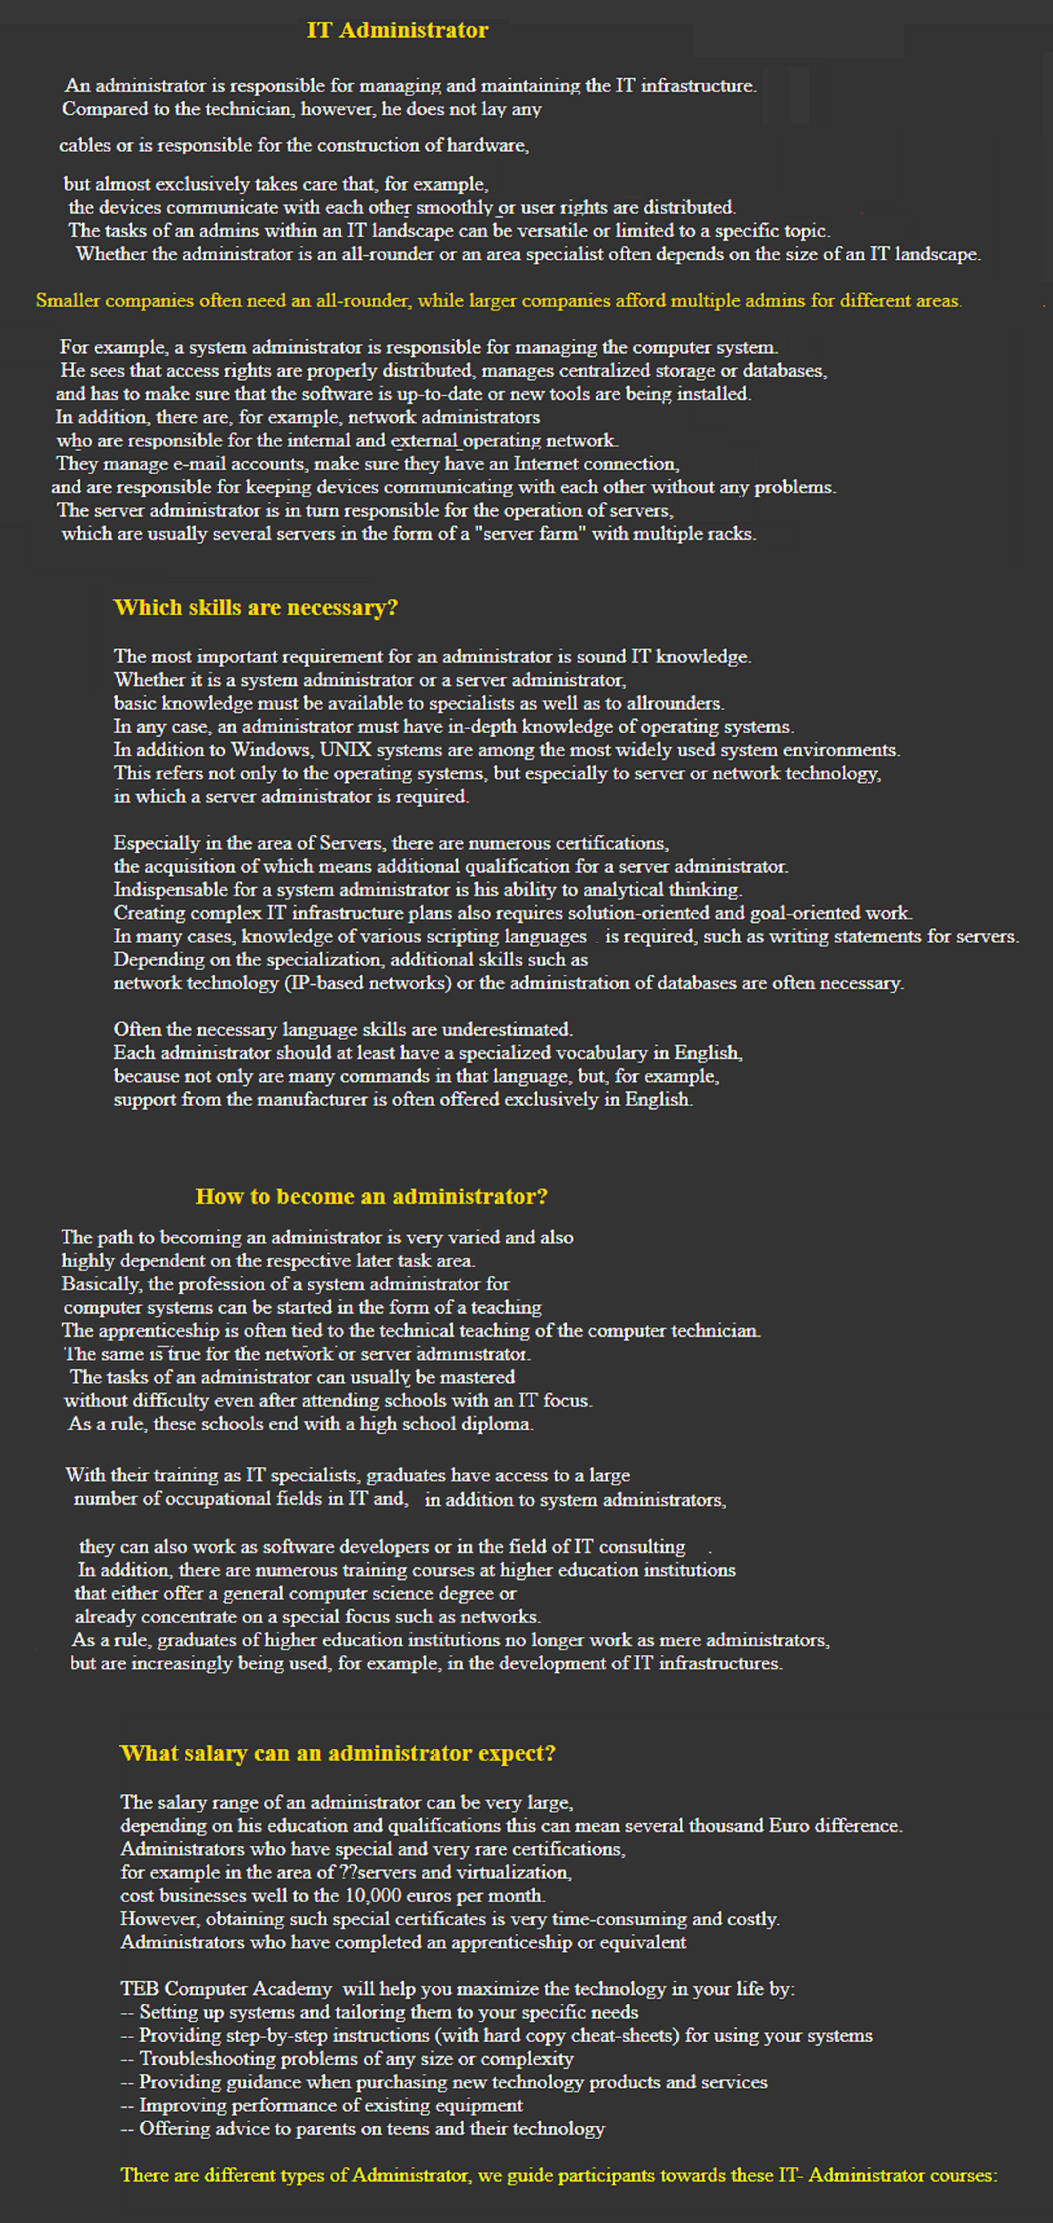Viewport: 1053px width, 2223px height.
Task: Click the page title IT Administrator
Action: pyautogui.click(x=397, y=30)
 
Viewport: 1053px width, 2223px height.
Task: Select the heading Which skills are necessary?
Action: pyautogui.click(x=256, y=608)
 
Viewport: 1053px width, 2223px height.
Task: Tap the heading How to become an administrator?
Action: pyautogui.click(x=371, y=1196)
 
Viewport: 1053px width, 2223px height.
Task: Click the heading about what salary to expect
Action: pyautogui.click(x=338, y=1753)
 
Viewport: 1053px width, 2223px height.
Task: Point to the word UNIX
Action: pyautogui.click(x=345, y=750)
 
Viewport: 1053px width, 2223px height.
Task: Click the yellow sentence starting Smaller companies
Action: pyautogui.click(x=499, y=300)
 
